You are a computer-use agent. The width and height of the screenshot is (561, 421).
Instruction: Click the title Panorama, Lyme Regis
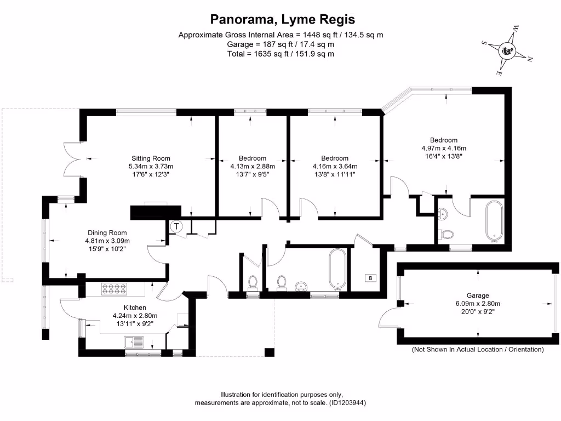pyautogui.click(x=283, y=20)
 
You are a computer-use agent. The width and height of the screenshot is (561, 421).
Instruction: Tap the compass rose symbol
pyautogui.click(x=508, y=52)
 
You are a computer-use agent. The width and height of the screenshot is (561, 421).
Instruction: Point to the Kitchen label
pyautogui.click(x=134, y=308)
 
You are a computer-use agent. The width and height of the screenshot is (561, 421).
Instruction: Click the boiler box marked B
pyautogui.click(x=371, y=278)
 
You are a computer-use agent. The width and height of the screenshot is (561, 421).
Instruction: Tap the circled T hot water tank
pyautogui.click(x=176, y=225)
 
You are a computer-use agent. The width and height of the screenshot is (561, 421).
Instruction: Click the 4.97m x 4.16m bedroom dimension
pyautogui.click(x=444, y=148)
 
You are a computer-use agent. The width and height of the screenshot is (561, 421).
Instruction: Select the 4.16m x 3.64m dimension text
pyautogui.click(x=335, y=166)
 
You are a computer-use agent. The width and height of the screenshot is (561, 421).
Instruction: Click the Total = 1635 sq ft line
pyautogui.click(x=280, y=54)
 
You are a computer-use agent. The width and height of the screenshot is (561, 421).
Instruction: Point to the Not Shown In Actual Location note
pyautogui.click(x=478, y=349)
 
